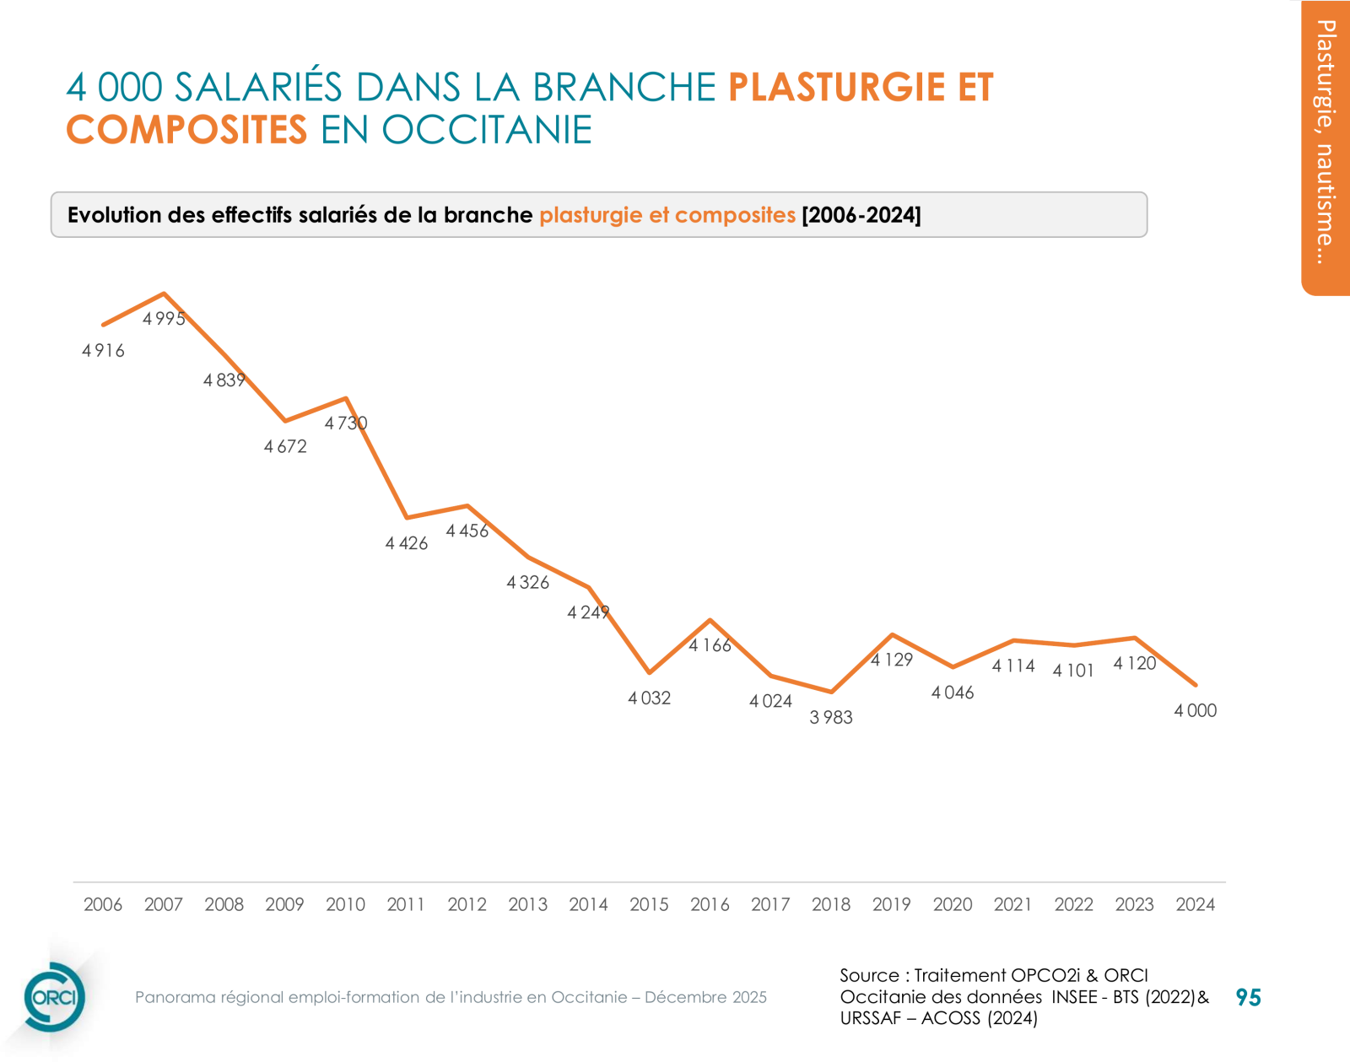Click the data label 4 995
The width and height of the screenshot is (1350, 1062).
click(164, 319)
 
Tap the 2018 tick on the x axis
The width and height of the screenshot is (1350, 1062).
click(831, 904)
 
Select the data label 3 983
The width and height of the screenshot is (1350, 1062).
click(831, 718)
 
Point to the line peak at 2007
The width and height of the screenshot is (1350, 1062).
click(164, 294)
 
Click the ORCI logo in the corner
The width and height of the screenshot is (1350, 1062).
click(54, 997)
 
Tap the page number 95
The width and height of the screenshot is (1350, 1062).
click(1248, 998)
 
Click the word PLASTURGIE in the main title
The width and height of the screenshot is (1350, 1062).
click(836, 88)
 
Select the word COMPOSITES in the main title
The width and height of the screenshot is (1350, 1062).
click(186, 130)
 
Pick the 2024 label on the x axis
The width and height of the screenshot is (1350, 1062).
click(1195, 904)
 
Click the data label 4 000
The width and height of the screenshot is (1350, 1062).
click(1195, 711)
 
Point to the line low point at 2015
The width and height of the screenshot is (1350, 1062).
click(649, 672)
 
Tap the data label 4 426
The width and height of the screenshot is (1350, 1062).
click(407, 544)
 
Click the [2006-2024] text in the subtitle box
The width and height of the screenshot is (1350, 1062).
click(861, 215)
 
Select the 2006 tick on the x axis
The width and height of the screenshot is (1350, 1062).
click(103, 904)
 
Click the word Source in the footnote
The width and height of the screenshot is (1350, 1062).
click(868, 976)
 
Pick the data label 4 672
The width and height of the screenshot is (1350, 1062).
click(285, 447)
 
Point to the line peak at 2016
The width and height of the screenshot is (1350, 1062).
click(710, 620)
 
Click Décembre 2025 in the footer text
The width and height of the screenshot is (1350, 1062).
click(705, 997)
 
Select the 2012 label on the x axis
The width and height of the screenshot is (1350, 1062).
click(467, 904)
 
